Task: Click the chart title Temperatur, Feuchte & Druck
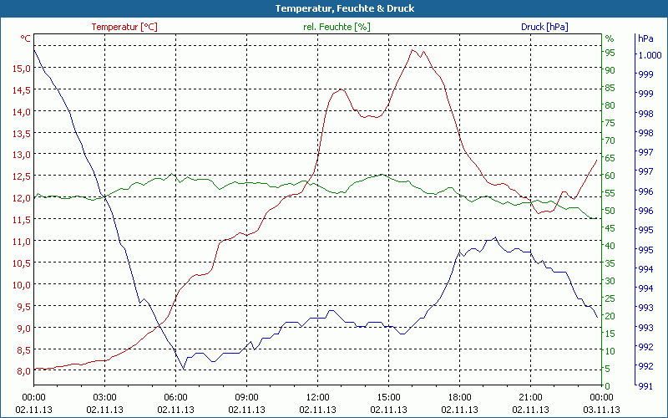point(333,8)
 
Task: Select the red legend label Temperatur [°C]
point(124,27)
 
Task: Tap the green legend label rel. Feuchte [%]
point(336,27)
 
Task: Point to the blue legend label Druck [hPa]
point(544,27)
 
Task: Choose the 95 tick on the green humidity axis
point(610,53)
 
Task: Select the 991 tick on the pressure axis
point(645,385)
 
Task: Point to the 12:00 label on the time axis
point(317,397)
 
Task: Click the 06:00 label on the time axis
point(176,397)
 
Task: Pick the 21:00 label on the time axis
point(530,397)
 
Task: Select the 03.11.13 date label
point(601,410)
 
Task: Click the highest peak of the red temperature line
point(412,50)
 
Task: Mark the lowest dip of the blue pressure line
point(184,369)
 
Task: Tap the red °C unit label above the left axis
point(26,38)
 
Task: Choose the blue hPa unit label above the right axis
point(645,38)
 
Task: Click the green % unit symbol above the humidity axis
point(610,38)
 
